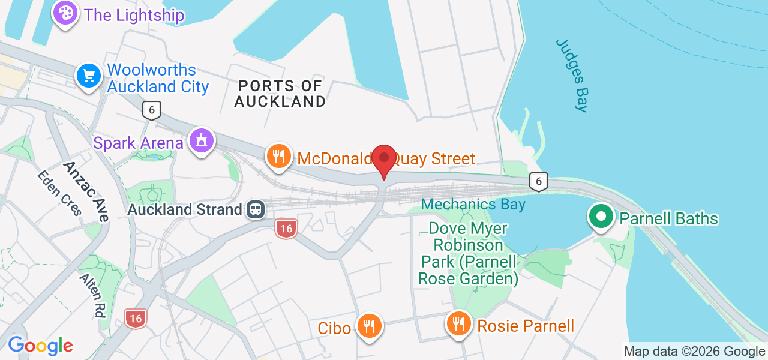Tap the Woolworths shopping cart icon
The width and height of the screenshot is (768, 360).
(89, 76)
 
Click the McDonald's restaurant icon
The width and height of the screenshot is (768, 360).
(278, 157)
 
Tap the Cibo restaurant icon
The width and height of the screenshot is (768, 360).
(369, 326)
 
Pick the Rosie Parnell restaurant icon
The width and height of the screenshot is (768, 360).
(459, 324)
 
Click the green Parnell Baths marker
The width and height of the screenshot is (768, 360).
(601, 217)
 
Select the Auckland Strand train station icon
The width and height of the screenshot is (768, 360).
(256, 209)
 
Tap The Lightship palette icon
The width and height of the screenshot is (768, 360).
(65, 13)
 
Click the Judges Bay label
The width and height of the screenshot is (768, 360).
(572, 75)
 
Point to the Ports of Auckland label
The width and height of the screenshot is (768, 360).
(280, 94)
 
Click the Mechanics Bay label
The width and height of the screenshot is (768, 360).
(473, 205)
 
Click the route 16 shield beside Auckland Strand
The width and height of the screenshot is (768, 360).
(286, 228)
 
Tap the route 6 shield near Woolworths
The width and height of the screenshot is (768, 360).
(152, 110)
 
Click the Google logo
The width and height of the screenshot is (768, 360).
(40, 346)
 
